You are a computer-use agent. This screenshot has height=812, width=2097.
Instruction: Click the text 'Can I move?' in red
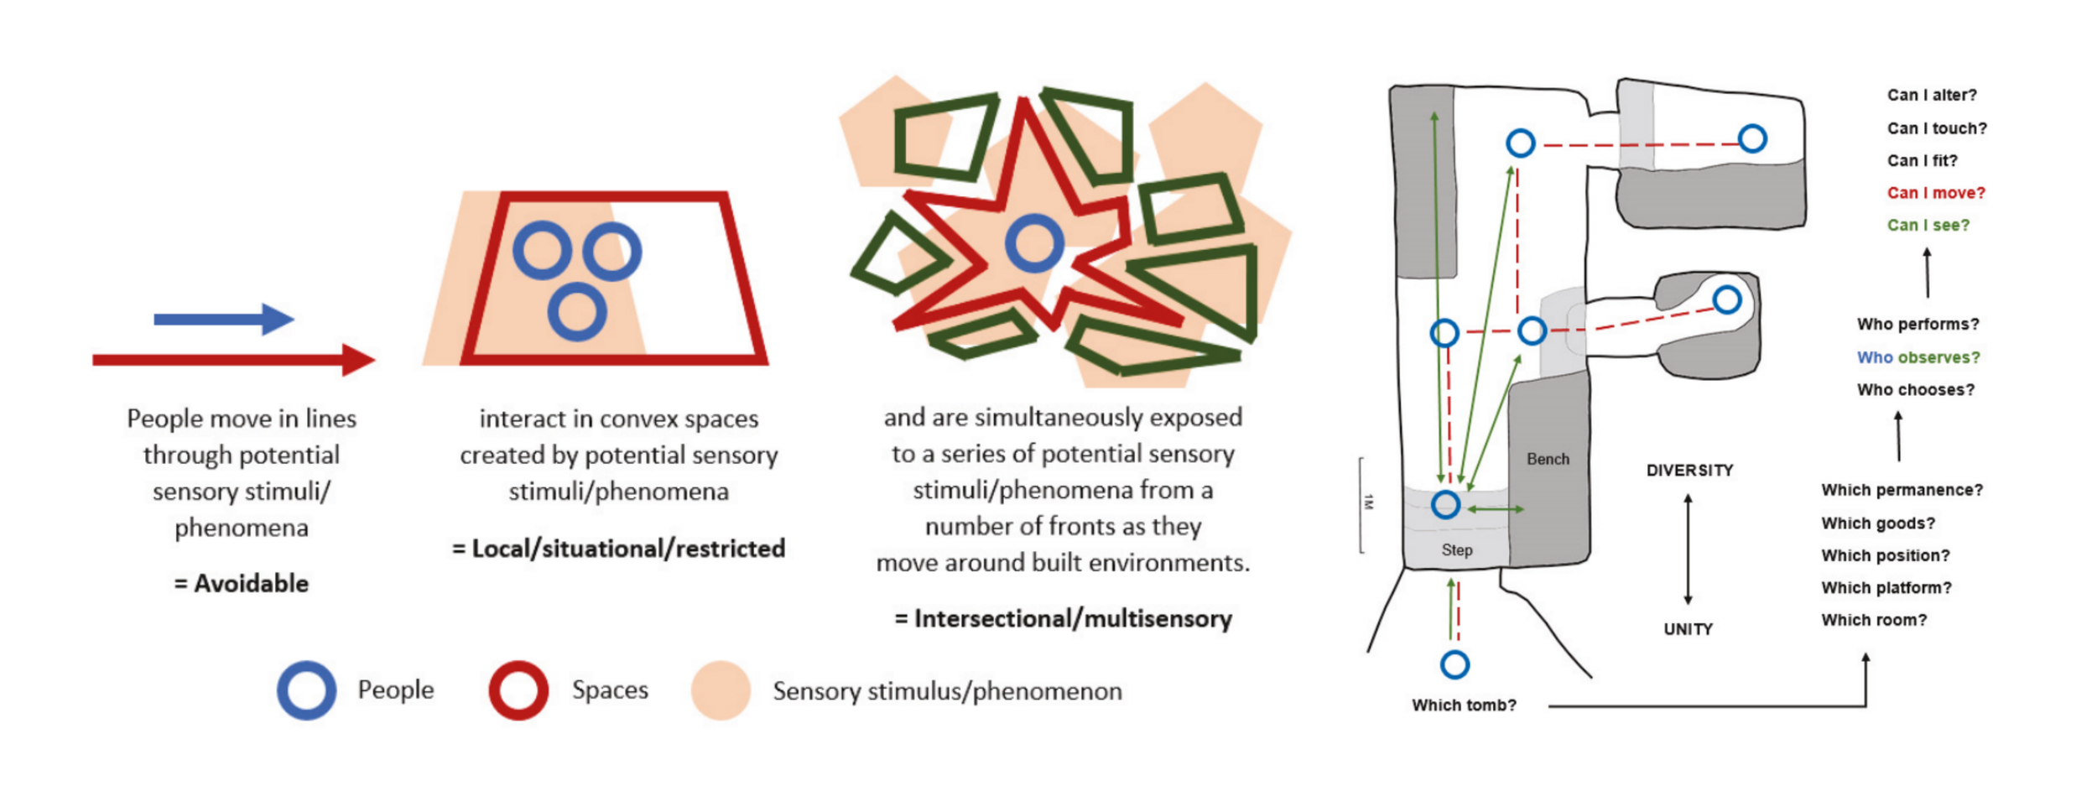pos(1935,193)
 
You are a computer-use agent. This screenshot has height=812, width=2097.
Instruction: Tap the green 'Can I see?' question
pos(1928,225)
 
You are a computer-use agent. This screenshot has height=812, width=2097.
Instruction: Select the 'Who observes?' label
pos(1917,357)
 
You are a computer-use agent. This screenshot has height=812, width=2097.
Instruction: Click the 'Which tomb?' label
pos(1464,705)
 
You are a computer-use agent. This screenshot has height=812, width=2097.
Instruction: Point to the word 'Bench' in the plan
pos(1548,459)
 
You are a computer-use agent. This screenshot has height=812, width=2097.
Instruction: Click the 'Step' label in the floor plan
pos(1457,549)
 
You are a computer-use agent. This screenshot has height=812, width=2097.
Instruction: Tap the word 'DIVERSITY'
pos(1689,471)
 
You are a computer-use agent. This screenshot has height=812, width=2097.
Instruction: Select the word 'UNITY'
pos(1688,629)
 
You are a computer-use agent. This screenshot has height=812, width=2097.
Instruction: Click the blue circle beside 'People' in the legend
pos(307,690)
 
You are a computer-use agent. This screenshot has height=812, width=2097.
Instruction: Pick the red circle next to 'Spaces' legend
pos(518,690)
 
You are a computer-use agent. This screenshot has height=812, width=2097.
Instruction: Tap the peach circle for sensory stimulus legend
pos(721,690)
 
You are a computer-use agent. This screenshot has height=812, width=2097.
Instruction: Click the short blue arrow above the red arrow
pos(223,319)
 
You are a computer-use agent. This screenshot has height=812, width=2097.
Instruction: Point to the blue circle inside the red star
pos(1034,243)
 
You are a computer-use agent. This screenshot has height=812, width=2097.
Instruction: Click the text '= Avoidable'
pos(242,584)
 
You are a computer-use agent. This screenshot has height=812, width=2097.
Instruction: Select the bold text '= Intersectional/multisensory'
pos(1063,619)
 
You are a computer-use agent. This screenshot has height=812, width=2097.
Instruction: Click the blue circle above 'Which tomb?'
pos(1454,664)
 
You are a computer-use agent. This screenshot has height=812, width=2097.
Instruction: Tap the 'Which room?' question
pos(1873,620)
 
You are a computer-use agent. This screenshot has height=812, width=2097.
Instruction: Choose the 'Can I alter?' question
pos(1931,96)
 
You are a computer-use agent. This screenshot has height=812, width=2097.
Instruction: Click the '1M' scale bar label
pos(1369,502)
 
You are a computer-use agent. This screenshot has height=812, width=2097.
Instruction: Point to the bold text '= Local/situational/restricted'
pos(618,549)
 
